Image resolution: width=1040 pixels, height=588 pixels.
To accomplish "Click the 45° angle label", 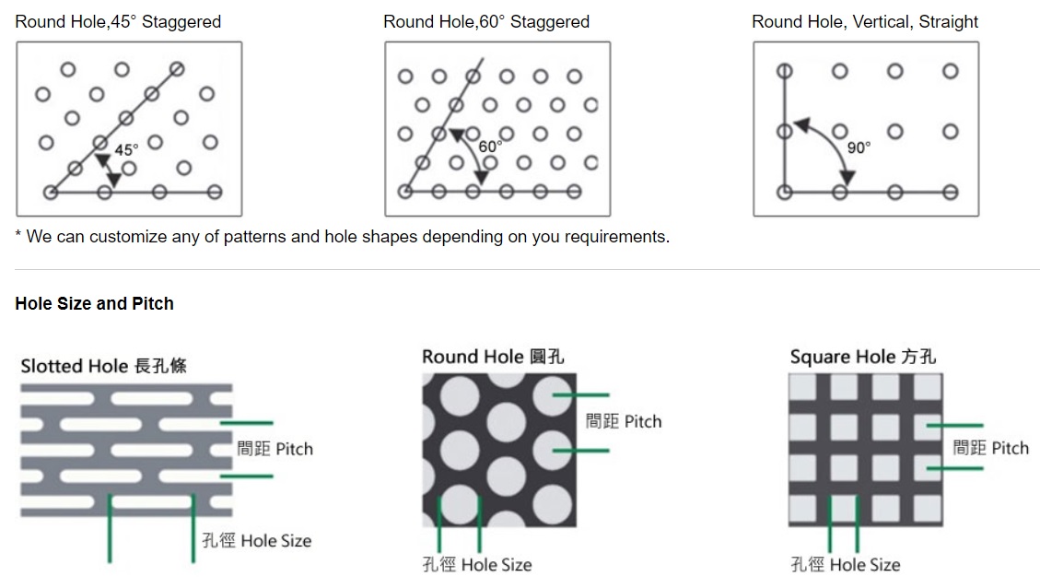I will (126, 149).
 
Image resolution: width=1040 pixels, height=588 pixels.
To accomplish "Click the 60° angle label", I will (490, 146).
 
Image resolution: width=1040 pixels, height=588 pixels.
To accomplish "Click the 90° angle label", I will (859, 147).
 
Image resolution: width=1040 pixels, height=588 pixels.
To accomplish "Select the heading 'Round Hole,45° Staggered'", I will (118, 21).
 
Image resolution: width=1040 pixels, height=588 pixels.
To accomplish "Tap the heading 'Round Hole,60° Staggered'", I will (486, 21).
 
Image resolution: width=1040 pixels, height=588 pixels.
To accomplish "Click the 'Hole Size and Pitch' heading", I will (94, 303).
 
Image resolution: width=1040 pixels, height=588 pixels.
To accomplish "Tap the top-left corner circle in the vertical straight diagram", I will (784, 71).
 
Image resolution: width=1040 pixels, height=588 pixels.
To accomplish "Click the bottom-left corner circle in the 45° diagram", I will (51, 193).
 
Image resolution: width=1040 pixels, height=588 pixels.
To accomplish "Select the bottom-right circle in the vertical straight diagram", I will (951, 193).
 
